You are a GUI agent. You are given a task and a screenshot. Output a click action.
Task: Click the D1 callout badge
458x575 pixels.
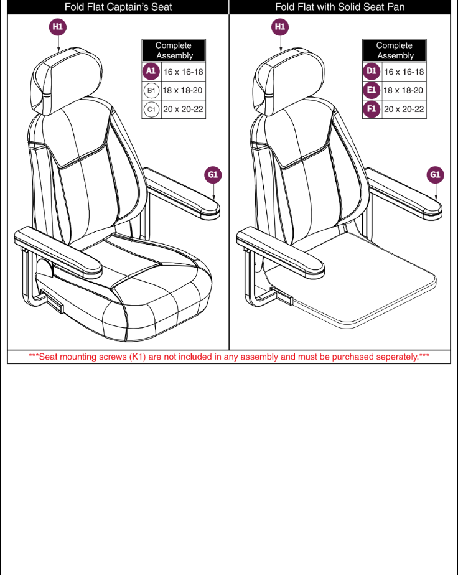click(x=372, y=72)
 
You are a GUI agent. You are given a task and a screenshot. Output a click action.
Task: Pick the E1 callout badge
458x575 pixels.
click(x=372, y=90)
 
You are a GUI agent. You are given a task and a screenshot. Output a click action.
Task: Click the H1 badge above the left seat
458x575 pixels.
click(x=58, y=27)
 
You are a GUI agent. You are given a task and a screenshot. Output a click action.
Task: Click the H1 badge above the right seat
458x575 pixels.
click(x=279, y=27)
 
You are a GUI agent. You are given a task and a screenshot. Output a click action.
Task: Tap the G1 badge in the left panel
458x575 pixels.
click(x=213, y=175)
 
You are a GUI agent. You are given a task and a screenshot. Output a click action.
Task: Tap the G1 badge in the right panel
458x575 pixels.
click(x=435, y=175)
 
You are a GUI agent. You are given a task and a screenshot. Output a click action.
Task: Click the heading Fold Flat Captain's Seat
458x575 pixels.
click(x=118, y=7)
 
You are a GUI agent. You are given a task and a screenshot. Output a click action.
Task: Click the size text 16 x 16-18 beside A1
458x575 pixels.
click(x=183, y=72)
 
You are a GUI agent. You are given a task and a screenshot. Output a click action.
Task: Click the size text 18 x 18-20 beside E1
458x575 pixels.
click(x=404, y=90)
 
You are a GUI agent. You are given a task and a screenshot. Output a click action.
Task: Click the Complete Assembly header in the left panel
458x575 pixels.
click(x=174, y=50)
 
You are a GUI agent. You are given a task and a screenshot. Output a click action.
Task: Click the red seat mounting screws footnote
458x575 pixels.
click(x=229, y=357)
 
